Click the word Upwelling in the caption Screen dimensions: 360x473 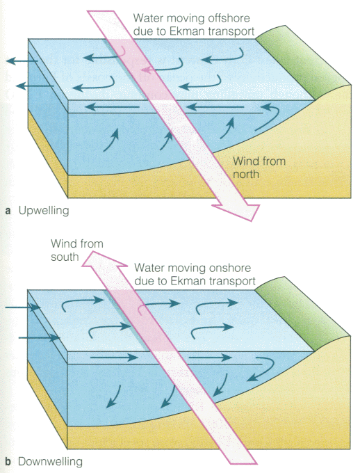point(44,211)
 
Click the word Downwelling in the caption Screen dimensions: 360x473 point(50,462)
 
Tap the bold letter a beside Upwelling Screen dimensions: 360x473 point(8,211)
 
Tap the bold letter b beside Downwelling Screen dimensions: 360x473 point(8,462)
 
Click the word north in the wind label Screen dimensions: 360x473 point(246,175)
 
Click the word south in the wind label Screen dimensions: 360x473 point(65,257)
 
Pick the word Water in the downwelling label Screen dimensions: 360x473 point(148,268)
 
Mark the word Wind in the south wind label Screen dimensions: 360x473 point(61,243)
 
